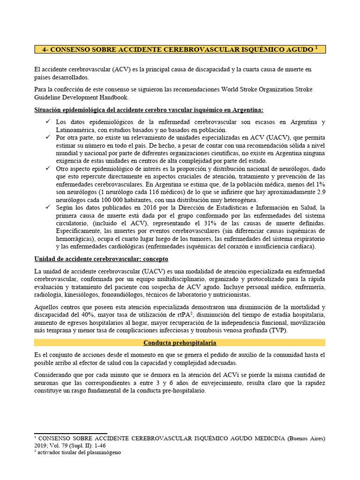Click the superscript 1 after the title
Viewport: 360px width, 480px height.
[316, 47]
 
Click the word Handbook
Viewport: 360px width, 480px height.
[113, 97]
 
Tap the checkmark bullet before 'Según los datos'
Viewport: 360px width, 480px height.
[48, 207]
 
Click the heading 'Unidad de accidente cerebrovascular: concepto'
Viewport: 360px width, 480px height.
[101, 259]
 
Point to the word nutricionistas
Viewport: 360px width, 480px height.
[228, 294]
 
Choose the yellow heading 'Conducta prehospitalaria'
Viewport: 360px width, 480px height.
[180, 343]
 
